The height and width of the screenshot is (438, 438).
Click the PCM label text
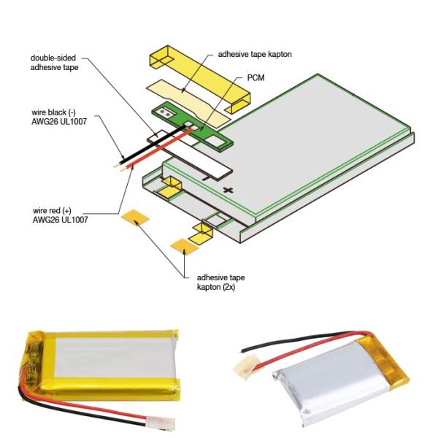(x=255, y=77)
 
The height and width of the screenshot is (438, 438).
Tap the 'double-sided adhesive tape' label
(x=54, y=63)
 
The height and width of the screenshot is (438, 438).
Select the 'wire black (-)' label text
(x=53, y=112)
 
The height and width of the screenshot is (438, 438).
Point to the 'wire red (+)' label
(x=52, y=210)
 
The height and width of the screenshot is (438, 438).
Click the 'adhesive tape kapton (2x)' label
(x=220, y=282)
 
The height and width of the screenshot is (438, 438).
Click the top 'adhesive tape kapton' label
(x=255, y=54)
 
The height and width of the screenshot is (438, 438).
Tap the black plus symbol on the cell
(x=228, y=191)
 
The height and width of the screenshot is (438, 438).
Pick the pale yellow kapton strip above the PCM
(x=188, y=104)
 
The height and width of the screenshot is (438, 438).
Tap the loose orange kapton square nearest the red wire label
(x=135, y=218)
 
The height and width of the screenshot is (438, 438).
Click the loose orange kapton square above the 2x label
(x=185, y=247)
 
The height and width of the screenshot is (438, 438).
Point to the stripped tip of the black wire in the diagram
(x=116, y=166)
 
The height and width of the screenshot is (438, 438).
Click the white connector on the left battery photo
(x=161, y=423)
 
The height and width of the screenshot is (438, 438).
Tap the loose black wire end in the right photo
(x=243, y=350)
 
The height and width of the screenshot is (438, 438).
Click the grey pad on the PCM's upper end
(x=164, y=112)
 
